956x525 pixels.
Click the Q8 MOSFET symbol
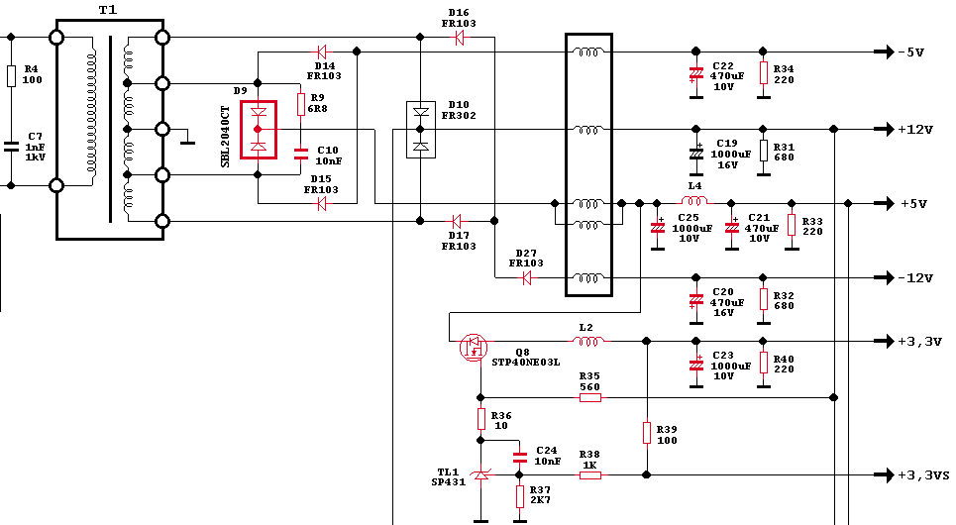tap(474, 348)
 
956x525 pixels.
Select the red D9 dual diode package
tap(259, 129)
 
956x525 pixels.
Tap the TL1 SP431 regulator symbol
tap(481, 473)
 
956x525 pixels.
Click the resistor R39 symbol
tap(646, 432)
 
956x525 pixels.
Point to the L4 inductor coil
tap(693, 200)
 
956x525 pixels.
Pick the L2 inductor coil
tap(587, 342)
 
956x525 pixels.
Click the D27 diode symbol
tap(527, 278)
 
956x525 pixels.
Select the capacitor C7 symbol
tap(11, 147)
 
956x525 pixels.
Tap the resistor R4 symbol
tap(11, 76)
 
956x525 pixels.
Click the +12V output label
tap(915, 129)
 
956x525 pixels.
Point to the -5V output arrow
tap(884, 52)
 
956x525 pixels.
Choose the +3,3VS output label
tap(923, 475)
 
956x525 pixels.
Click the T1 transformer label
tap(108, 10)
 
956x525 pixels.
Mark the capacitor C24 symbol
tap(519, 457)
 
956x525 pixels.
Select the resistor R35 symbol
tap(589, 397)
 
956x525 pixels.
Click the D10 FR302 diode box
tap(421, 129)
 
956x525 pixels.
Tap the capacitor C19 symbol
tap(695, 153)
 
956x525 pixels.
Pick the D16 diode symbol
tap(459, 38)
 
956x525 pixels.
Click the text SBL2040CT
tap(225, 137)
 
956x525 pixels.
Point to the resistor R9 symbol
tap(300, 104)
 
